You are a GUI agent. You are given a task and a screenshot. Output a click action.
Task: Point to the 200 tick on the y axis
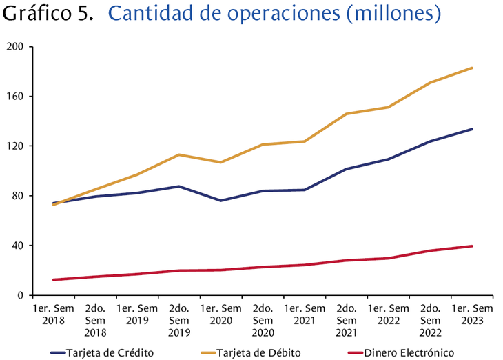[15, 47]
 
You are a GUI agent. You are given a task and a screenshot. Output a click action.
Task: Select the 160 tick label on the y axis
[15, 97]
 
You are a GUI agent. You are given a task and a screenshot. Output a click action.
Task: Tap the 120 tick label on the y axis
[15, 146]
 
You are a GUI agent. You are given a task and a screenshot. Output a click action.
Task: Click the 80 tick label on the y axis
[18, 196]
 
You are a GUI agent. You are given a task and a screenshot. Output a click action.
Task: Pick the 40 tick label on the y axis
[18, 246]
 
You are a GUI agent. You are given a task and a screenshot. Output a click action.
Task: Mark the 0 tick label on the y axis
[21, 295]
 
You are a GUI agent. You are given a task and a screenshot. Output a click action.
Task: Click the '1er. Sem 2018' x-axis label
[53, 314]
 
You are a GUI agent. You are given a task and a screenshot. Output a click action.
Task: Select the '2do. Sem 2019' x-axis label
[179, 321]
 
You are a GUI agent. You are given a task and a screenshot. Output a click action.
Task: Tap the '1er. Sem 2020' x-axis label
[221, 314]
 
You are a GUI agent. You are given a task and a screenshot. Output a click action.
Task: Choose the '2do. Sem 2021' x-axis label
[347, 321]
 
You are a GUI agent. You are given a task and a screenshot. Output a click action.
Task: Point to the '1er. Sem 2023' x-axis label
[472, 314]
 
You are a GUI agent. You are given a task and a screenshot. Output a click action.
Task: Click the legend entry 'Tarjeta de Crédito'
[110, 352]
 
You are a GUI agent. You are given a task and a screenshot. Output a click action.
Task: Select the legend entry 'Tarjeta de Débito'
[259, 352]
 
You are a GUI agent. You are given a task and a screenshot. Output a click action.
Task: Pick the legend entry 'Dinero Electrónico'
[409, 352]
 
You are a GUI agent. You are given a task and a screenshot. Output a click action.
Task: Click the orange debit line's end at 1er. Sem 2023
[472, 68]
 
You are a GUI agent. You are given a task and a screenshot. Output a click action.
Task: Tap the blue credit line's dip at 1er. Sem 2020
[221, 201]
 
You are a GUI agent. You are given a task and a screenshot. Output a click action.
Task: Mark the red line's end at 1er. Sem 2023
[472, 246]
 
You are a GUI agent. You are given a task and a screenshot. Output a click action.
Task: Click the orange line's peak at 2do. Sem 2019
[179, 154]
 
